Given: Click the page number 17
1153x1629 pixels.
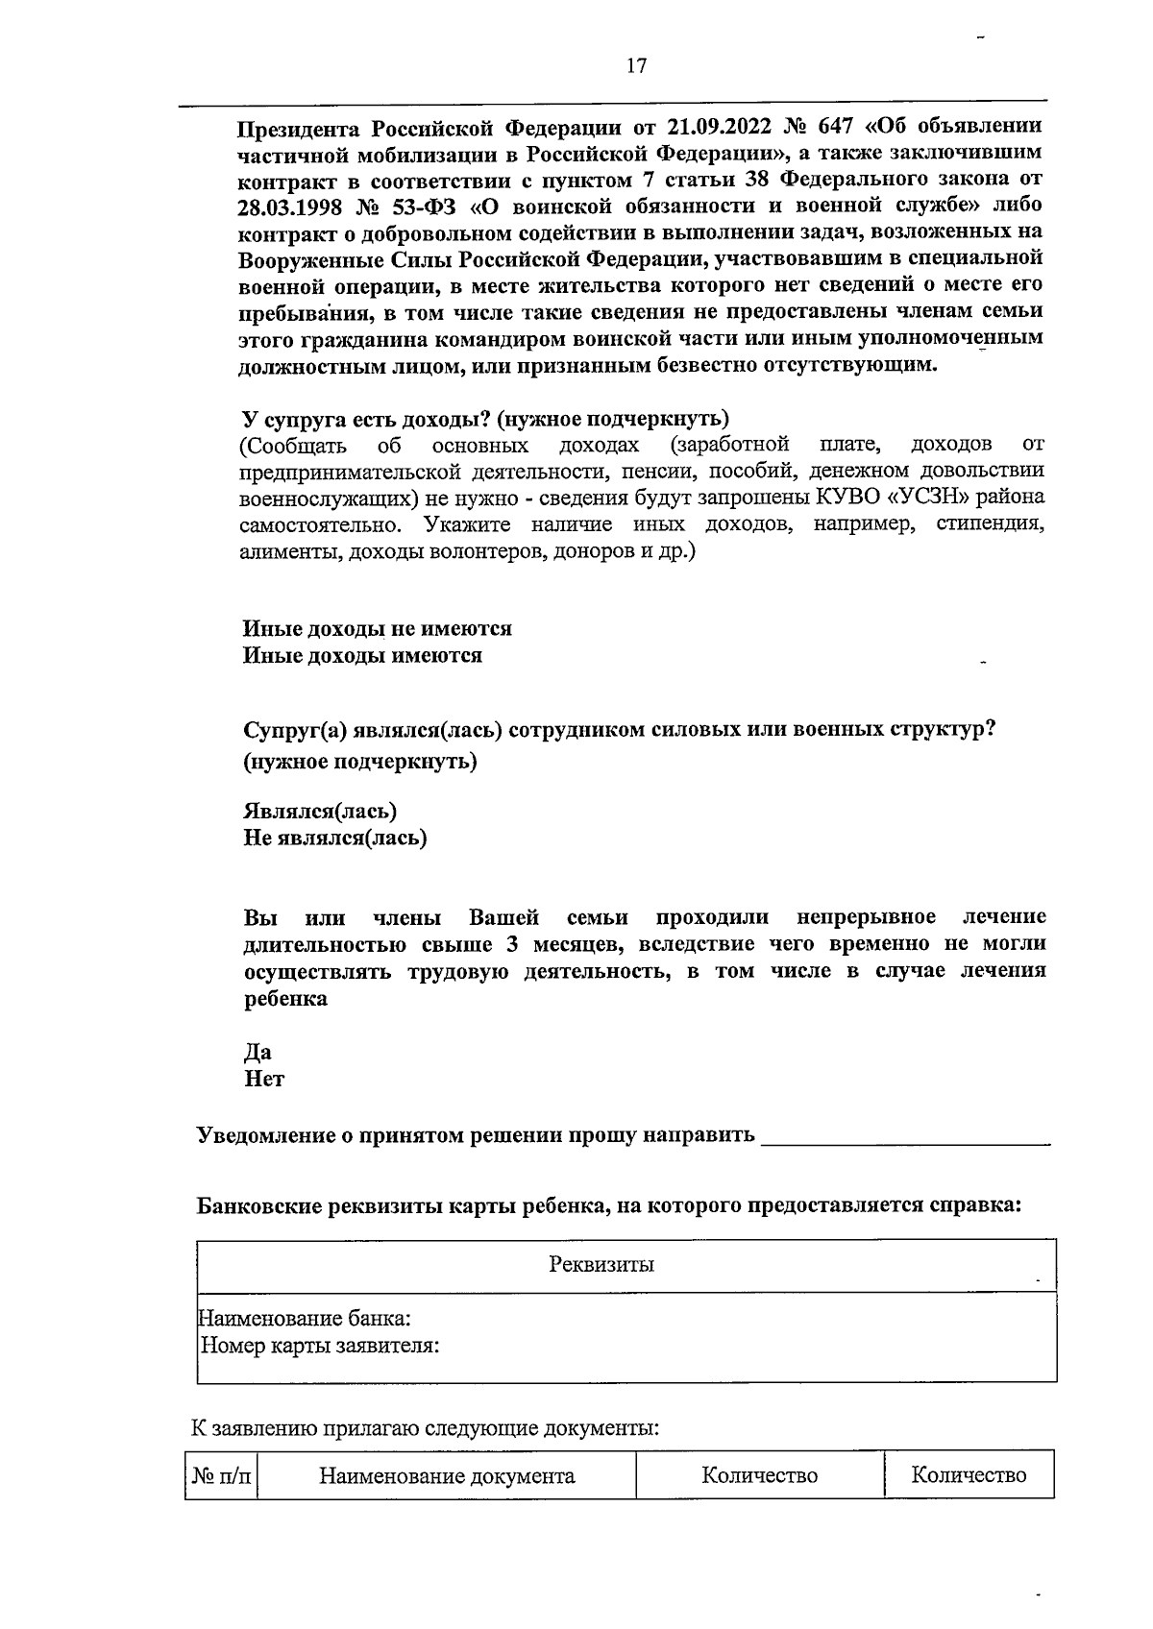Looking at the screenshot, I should [636, 66].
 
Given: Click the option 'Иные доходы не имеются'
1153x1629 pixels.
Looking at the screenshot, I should [377, 628].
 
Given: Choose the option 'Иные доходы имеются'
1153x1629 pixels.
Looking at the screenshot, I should [362, 656].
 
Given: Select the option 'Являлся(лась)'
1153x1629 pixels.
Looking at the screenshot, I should [320, 811].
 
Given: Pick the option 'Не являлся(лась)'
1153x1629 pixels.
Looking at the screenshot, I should [335, 838].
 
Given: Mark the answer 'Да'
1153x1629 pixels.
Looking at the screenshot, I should [258, 1052].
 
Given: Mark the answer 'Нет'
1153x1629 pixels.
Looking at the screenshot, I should [264, 1079].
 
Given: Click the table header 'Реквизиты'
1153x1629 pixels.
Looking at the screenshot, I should [601, 1264].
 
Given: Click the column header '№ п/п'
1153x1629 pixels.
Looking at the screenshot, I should [222, 1475].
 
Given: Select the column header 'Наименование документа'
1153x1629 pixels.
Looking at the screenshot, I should [447, 1475].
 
